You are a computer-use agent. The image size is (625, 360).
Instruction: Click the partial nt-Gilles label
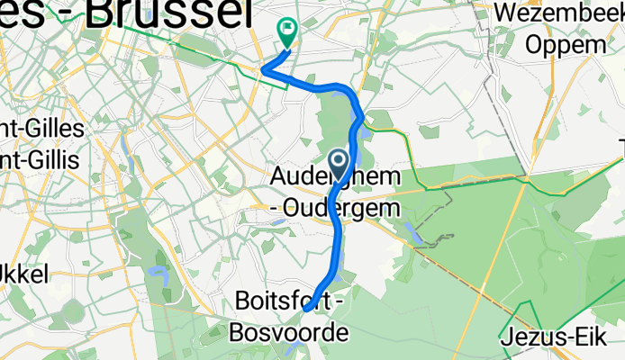[x=42, y=129]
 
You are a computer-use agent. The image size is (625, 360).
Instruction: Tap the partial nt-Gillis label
[x=41, y=159]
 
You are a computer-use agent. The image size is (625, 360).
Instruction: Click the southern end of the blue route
[x=306, y=309]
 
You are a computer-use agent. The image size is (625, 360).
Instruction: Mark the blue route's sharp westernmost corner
[x=263, y=68]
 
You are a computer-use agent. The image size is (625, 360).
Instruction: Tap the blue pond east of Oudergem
[x=416, y=234]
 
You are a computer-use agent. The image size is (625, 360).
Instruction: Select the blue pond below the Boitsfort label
[x=294, y=349]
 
